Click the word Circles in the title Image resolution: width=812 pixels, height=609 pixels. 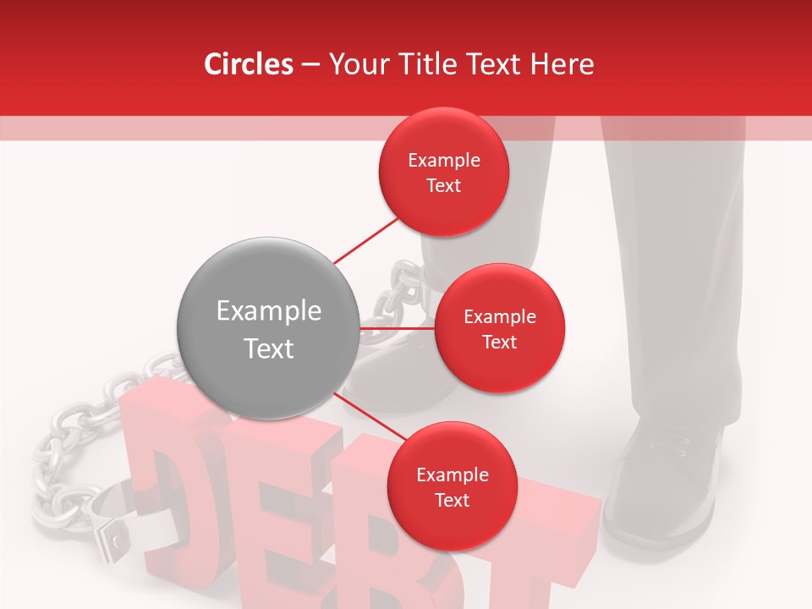pos(248,64)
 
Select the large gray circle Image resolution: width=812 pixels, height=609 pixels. pos(268,328)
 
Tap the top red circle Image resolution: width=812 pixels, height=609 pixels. pos(443,172)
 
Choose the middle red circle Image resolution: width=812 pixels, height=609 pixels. pos(499,328)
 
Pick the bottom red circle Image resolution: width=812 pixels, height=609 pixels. pos(452,486)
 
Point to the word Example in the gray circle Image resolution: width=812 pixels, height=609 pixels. pos(268,311)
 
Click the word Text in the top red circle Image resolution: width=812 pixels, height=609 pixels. pos(443,185)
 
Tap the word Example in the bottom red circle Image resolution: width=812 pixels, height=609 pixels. pos(452,475)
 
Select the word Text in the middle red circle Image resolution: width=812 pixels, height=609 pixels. pos(499,342)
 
